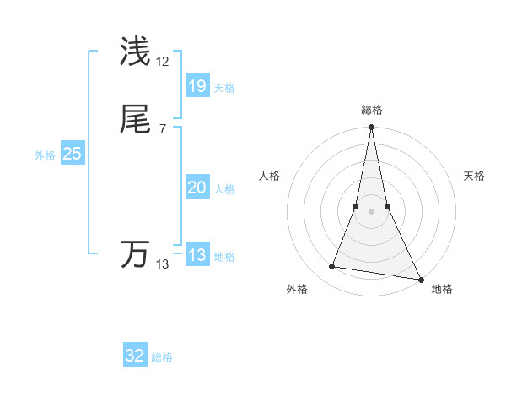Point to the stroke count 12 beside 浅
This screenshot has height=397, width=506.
[x=163, y=62]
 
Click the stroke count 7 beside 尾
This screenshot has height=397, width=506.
[x=162, y=128]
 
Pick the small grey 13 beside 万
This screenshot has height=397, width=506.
[x=163, y=264]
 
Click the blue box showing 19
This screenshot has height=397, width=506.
[x=196, y=85]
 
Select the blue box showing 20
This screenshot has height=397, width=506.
[x=196, y=188]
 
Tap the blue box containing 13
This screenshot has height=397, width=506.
[x=196, y=255]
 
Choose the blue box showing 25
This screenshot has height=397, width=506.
[x=72, y=154]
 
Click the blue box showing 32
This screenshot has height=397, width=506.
[x=135, y=356]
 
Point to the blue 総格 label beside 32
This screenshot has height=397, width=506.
[x=163, y=357]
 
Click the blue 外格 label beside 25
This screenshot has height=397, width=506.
[x=45, y=155]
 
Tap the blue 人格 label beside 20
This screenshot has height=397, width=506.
[x=225, y=189]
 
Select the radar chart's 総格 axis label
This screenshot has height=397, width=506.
[x=372, y=110]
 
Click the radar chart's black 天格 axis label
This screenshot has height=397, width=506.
[x=475, y=176]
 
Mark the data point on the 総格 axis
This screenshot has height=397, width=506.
[x=372, y=128]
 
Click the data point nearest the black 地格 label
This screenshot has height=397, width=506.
[x=420, y=278]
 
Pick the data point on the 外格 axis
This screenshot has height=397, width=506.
[x=332, y=267]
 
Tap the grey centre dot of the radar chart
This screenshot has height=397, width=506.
[x=372, y=211]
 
